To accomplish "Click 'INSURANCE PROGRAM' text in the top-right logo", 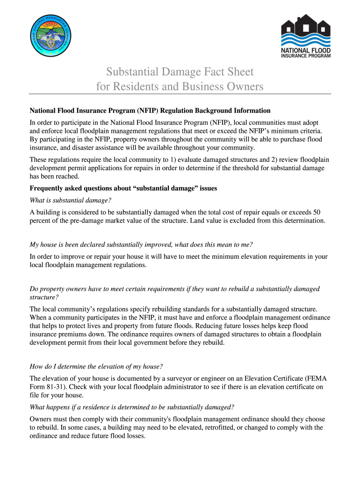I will [306, 56].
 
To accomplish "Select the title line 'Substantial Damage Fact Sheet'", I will [180, 72].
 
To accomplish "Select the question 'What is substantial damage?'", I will [71, 200].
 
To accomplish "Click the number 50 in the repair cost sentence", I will [317, 211].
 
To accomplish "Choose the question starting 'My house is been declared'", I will [141, 245].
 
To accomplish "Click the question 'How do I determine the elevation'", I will [96, 366].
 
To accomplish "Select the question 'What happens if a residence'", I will [132, 406].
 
